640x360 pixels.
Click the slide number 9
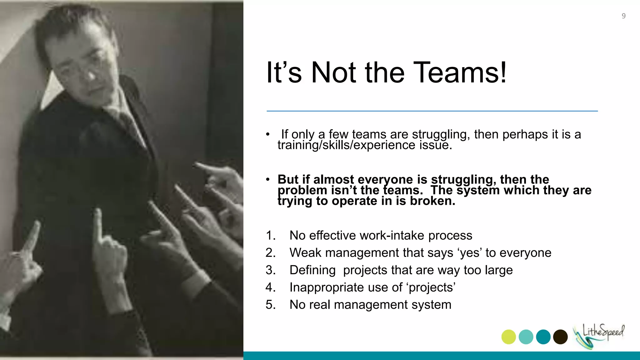coord(623,16)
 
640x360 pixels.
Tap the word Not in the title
coord(333,73)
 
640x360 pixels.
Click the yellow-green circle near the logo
coord(508,337)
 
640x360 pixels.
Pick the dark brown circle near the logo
coord(560,337)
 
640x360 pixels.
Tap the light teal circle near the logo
coord(526,337)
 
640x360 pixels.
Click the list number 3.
coord(270,270)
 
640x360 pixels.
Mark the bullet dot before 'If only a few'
coord(267,135)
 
